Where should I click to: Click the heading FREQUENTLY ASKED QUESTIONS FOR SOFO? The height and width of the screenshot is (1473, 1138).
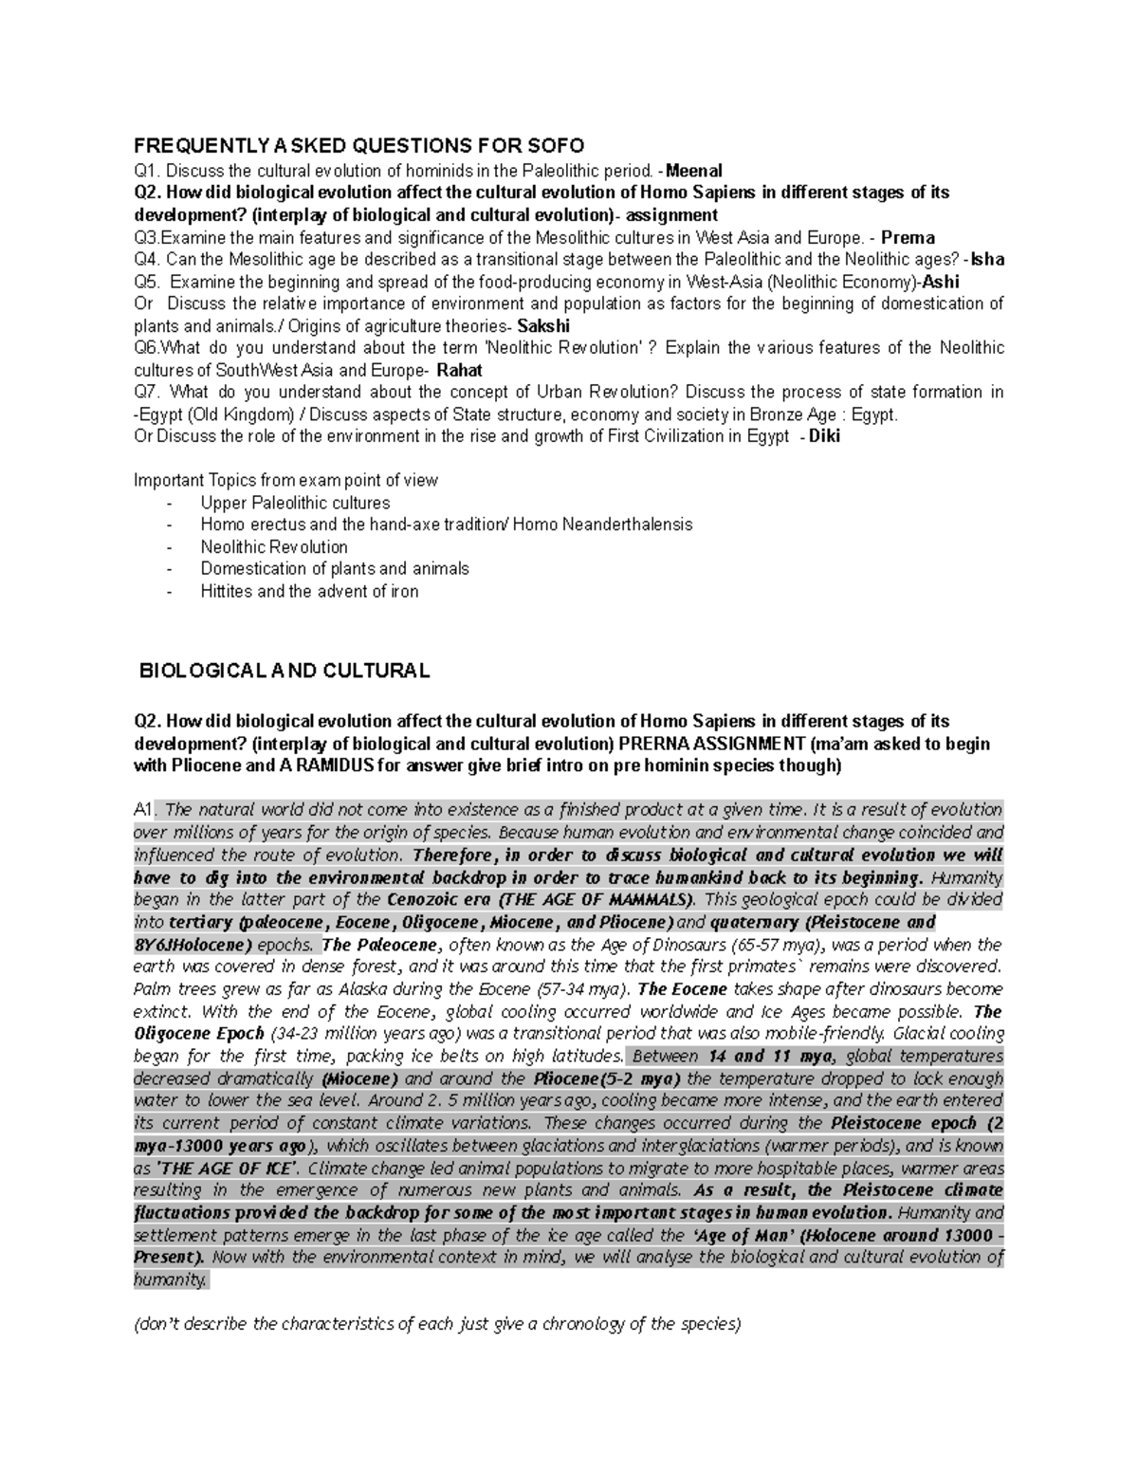(359, 145)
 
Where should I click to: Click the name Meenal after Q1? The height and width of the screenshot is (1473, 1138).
(693, 171)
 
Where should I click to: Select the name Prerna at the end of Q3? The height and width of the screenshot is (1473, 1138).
(908, 237)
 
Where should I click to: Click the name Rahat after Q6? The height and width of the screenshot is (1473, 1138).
(460, 370)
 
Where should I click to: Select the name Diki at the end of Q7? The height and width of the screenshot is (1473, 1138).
(823, 436)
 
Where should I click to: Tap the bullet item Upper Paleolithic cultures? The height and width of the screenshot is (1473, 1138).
(295, 503)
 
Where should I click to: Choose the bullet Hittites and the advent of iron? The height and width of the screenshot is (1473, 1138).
(309, 591)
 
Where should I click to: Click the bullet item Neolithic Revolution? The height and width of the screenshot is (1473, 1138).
(274, 547)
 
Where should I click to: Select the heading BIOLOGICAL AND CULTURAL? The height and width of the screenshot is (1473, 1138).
(284, 671)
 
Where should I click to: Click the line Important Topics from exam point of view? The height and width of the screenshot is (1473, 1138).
(285, 480)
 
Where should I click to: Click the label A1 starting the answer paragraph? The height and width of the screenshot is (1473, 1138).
(143, 810)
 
